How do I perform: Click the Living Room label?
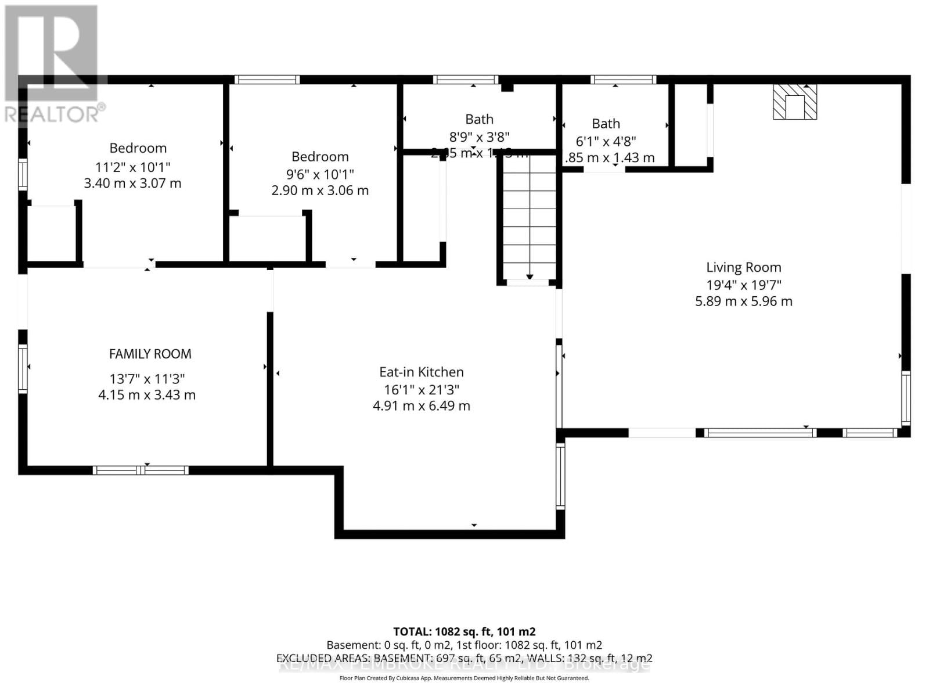(x=743, y=267)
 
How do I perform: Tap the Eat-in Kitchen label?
(x=421, y=372)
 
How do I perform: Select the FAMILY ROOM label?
(x=150, y=354)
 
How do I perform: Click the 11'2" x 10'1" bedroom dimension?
(x=132, y=167)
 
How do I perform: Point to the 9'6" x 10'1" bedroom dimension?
(x=320, y=174)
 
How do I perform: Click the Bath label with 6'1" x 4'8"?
(x=606, y=124)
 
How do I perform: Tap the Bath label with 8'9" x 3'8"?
(x=479, y=119)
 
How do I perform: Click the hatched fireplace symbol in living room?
(x=794, y=102)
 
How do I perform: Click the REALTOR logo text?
(x=55, y=114)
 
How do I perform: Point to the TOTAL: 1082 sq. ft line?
(x=464, y=631)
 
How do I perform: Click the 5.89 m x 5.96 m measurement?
(x=743, y=301)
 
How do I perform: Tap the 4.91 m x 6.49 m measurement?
(x=421, y=405)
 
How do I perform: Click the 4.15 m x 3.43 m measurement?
(x=146, y=395)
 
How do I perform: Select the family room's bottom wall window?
(x=141, y=470)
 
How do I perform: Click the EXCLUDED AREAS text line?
(x=464, y=658)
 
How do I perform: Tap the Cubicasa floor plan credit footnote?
(x=464, y=678)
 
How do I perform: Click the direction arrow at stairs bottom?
(x=530, y=277)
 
